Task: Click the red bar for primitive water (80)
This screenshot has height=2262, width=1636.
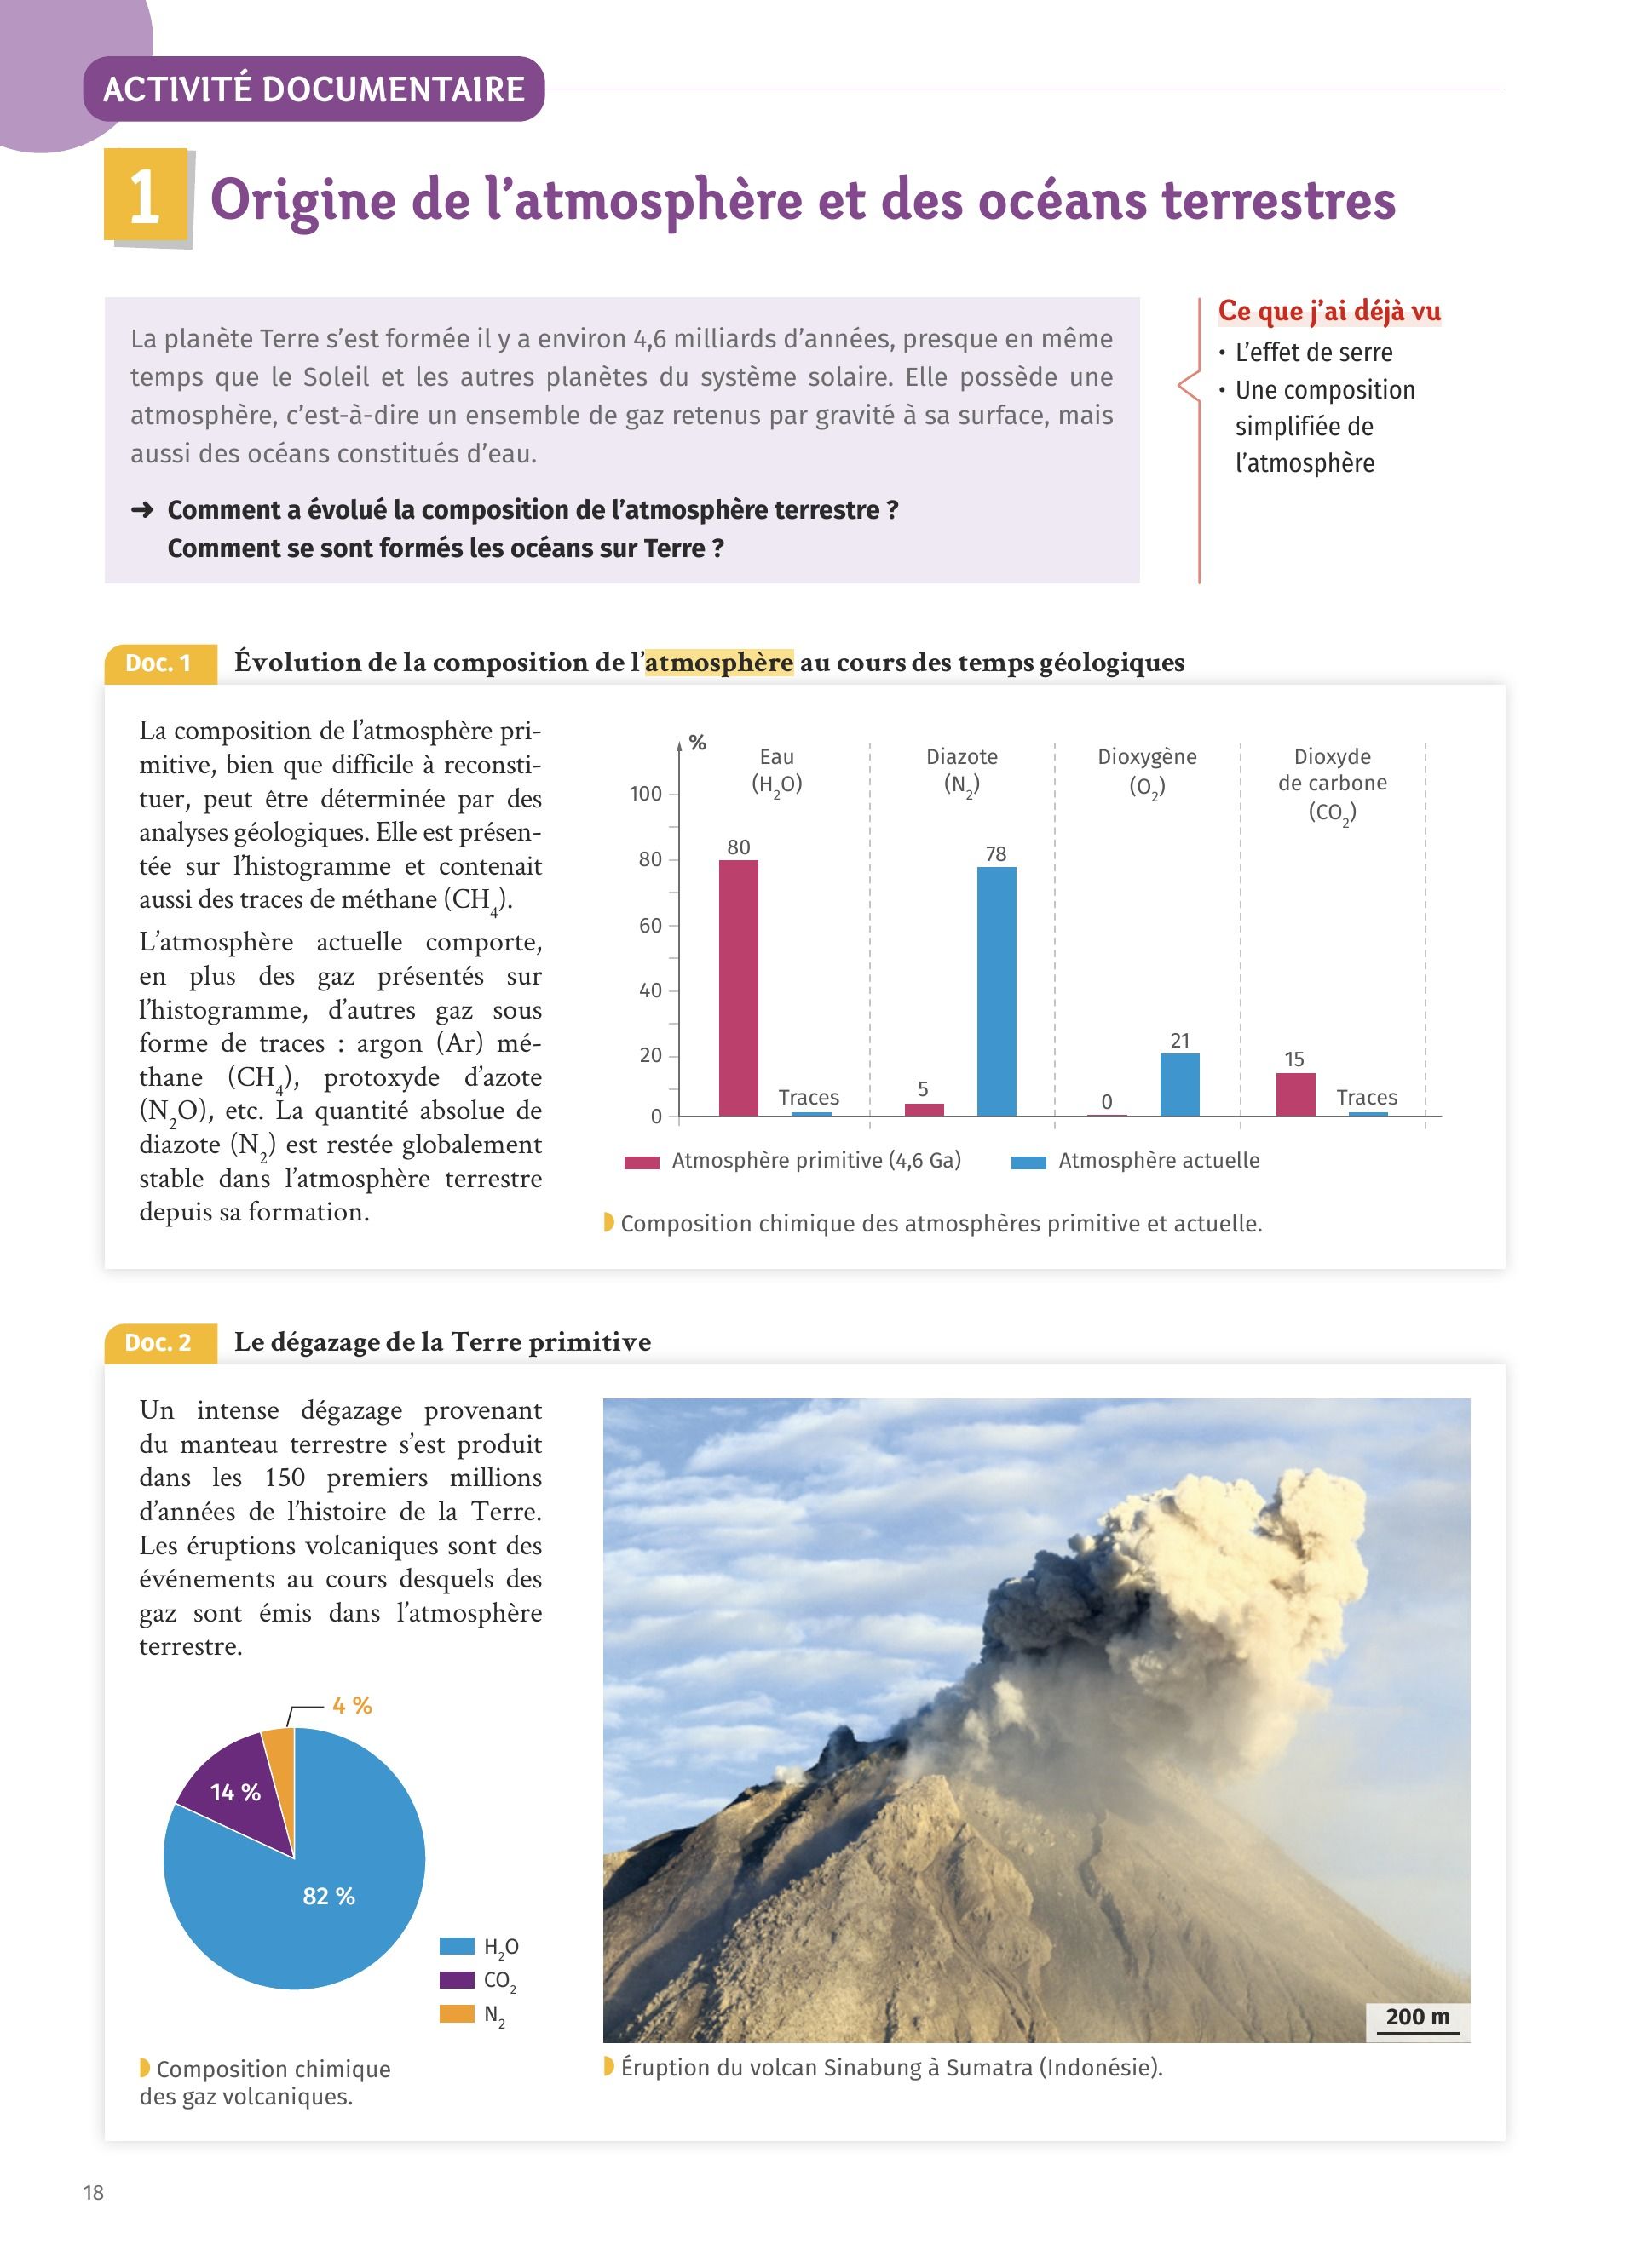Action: coord(738,987)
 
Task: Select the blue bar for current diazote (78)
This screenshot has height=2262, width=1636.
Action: coord(997,991)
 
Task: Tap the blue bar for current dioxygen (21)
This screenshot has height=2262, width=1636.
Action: coord(1179,1084)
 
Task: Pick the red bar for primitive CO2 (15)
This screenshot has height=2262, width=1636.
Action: coord(1295,1094)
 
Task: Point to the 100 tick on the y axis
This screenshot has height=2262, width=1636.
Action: coord(645,794)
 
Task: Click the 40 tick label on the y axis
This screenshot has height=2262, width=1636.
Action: coord(649,990)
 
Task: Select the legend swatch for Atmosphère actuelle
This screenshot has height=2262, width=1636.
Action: coord(1028,1162)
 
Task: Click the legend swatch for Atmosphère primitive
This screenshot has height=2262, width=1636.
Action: coord(642,1162)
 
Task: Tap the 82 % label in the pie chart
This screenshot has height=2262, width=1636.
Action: coord(328,1896)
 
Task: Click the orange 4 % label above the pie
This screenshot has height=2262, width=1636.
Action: coord(351,1706)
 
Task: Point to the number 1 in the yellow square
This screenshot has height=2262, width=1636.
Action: coord(146,196)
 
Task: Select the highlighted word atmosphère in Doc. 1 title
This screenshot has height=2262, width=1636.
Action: coord(718,663)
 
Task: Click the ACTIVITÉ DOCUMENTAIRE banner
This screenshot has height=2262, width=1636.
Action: coord(314,89)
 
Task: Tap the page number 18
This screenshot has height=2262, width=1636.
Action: coord(94,2192)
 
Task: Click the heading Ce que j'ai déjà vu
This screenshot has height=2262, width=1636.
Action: coord(1328,311)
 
